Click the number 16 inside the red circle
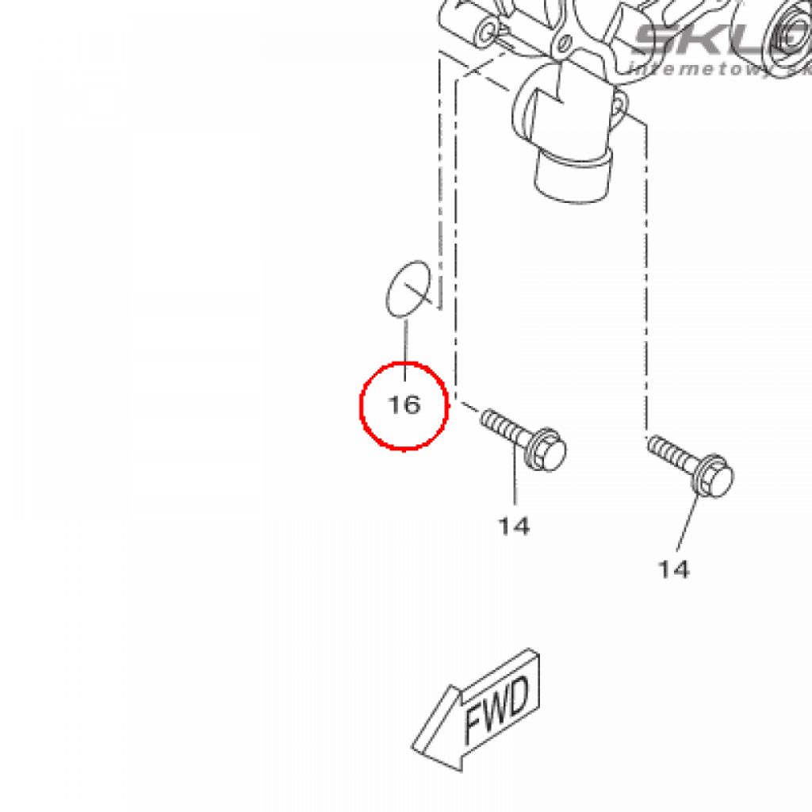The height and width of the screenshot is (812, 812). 404,405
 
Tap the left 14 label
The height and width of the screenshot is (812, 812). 514,525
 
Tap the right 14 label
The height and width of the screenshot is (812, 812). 673,569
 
